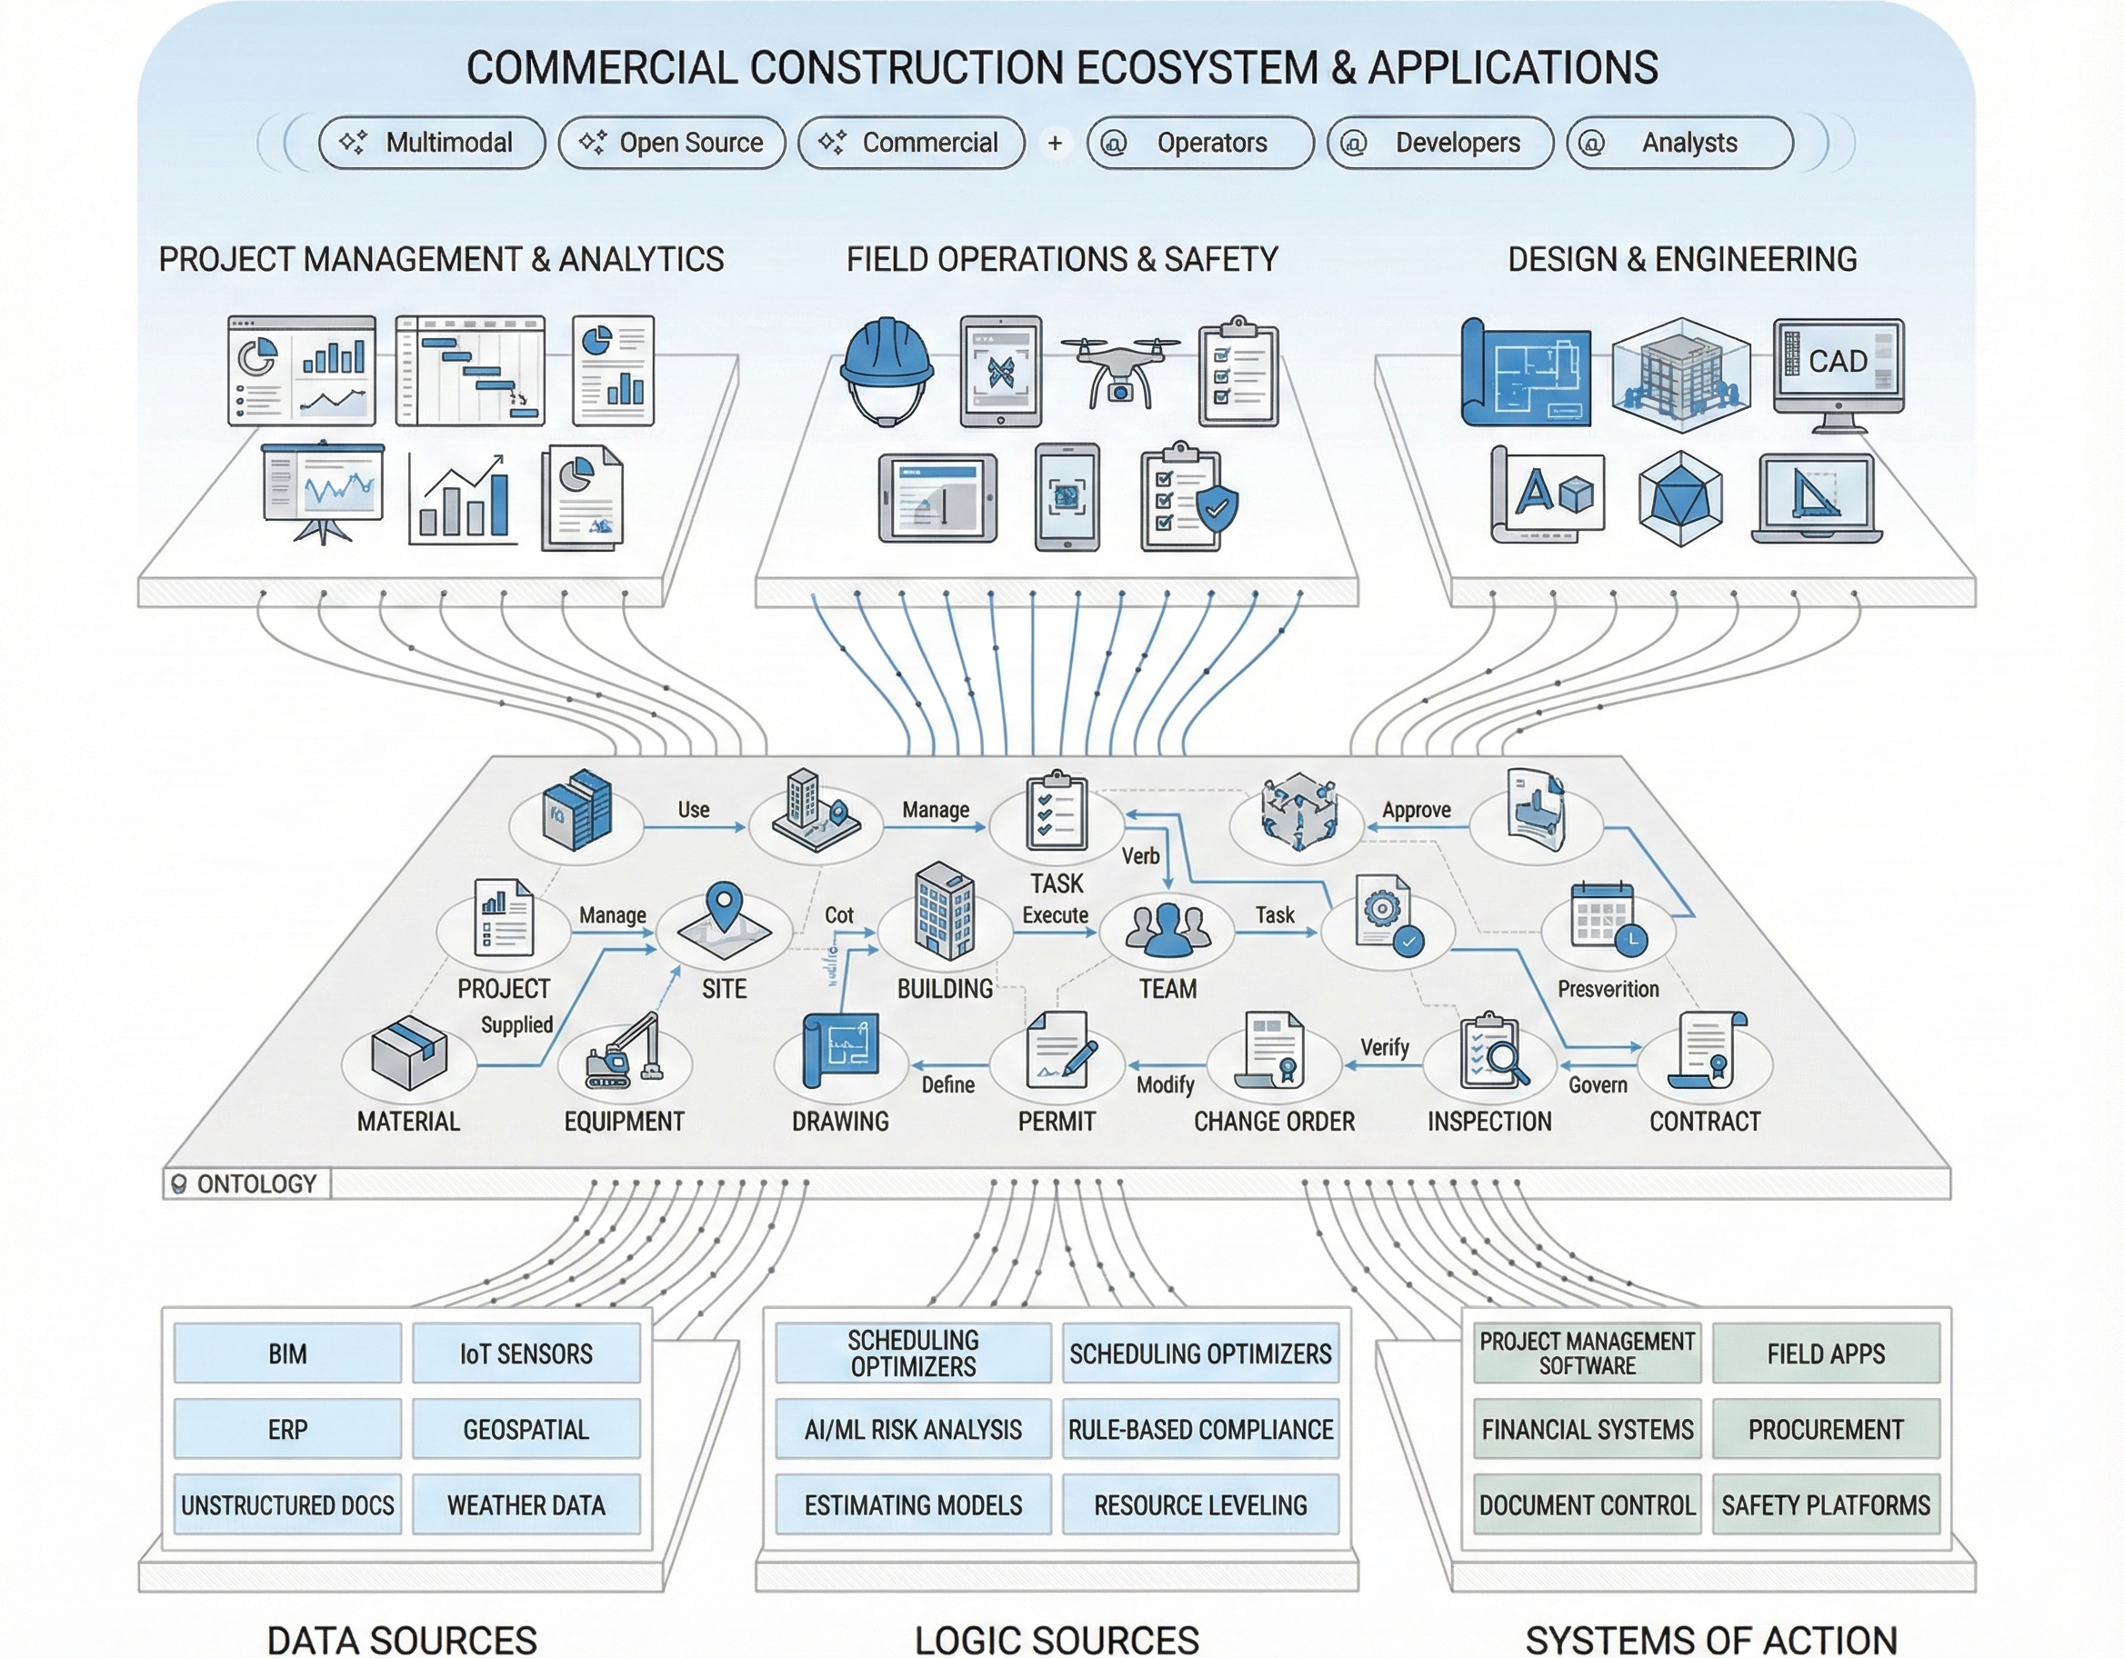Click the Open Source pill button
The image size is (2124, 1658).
coord(672,143)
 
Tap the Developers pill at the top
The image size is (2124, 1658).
coord(1440,143)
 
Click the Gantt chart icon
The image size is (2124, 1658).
coord(471,371)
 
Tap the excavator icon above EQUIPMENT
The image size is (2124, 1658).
coord(624,1053)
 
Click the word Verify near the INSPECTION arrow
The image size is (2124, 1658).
coord(1384,1047)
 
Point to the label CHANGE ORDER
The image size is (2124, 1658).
coord(1274,1121)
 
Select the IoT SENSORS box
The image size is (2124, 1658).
coord(526,1353)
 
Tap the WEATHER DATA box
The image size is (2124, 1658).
coord(526,1504)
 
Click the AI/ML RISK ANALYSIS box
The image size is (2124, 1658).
coord(912,1429)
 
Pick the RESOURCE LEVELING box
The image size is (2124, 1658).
coord(1200,1504)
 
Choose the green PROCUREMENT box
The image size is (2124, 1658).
coord(1826,1429)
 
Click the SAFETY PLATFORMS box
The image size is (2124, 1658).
coord(1826,1504)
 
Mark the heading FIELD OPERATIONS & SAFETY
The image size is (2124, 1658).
coord(1061,260)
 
